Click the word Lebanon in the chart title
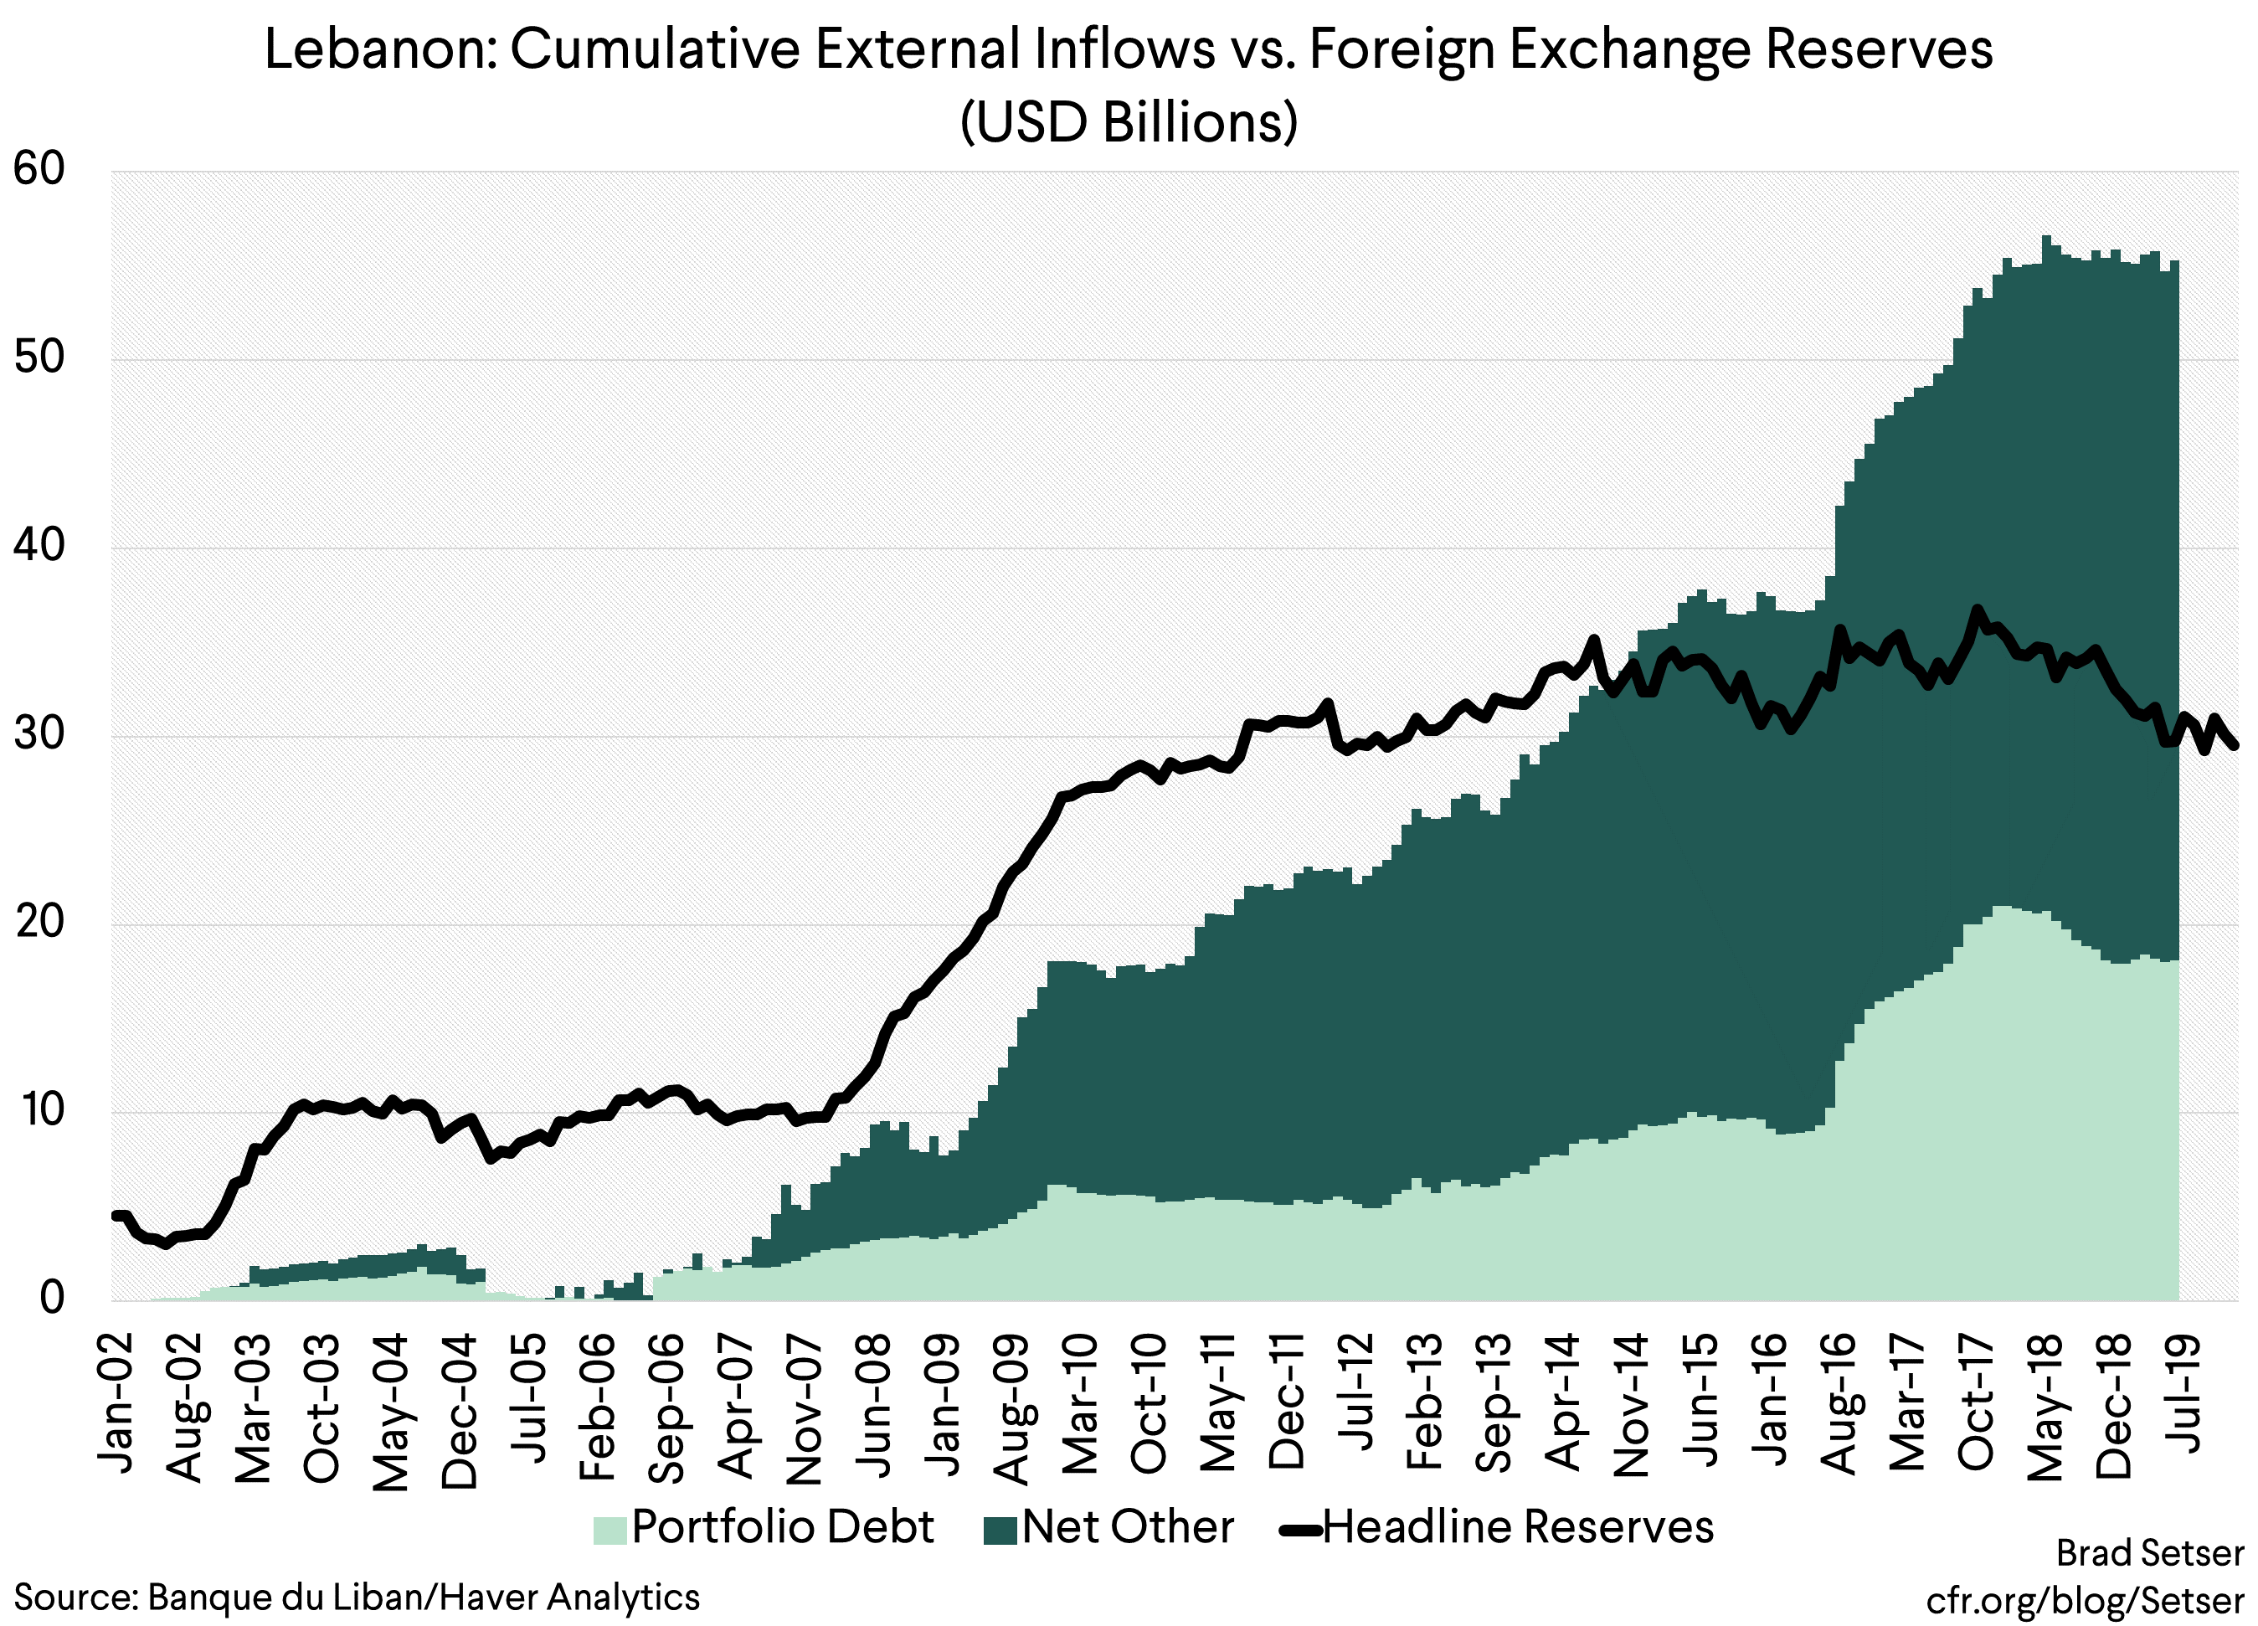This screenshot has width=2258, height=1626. point(379,49)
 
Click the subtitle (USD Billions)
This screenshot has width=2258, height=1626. point(1128,122)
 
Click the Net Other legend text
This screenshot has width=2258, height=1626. point(1127,1527)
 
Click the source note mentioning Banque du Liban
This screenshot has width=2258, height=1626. point(357,1598)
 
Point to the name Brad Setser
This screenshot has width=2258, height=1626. point(2149,1553)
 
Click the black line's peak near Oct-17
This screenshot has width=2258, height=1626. point(1978,609)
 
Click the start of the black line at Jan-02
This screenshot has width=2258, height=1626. point(116,1215)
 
